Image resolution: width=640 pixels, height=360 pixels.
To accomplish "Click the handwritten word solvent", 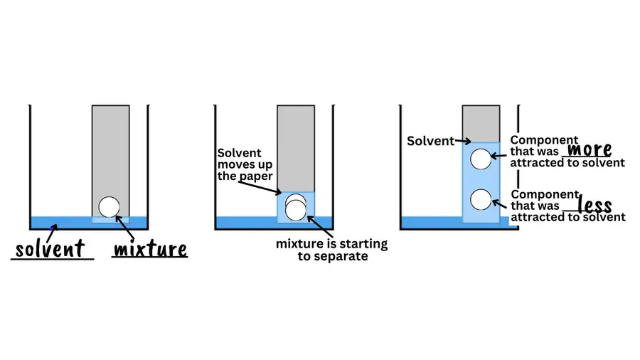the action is pyautogui.click(x=50, y=248).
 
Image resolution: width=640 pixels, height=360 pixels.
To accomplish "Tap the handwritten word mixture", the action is pyautogui.click(x=150, y=249).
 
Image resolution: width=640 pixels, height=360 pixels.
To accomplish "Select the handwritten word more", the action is pyautogui.click(x=590, y=149).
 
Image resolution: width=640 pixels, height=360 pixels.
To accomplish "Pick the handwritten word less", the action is pyautogui.click(x=595, y=204).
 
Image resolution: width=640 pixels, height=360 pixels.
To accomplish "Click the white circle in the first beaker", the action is pyautogui.click(x=109, y=206).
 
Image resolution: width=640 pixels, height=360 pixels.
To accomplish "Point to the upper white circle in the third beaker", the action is pyautogui.click(x=481, y=159).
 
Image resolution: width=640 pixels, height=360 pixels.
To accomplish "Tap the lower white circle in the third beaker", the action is pyautogui.click(x=481, y=200).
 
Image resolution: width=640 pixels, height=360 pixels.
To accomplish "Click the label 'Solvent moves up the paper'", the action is pyautogui.click(x=245, y=164).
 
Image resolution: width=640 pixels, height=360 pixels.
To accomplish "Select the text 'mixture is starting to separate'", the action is pyautogui.click(x=332, y=250).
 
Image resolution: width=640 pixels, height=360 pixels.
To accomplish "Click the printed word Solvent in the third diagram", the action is pyautogui.click(x=431, y=141).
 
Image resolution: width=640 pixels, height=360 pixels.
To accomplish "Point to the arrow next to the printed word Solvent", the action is pyautogui.click(x=463, y=141).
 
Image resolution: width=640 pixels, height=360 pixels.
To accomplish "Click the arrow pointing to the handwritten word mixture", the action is pyautogui.click(x=125, y=228).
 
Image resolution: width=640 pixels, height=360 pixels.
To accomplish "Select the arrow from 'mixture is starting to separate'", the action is pyautogui.click(x=320, y=227).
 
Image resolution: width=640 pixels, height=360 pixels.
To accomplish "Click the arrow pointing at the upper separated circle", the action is pyautogui.click(x=498, y=156).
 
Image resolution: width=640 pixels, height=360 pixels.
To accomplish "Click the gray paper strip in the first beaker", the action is pyautogui.click(x=111, y=161).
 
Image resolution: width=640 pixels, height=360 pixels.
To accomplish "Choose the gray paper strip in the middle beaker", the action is pyautogui.click(x=296, y=149).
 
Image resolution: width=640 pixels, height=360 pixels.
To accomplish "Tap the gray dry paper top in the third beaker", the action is pyautogui.click(x=481, y=124).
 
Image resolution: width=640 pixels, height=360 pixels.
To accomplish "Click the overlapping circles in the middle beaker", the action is pyautogui.click(x=296, y=207).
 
